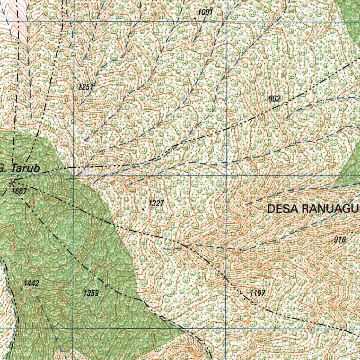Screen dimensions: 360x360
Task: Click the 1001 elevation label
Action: coord(205,12)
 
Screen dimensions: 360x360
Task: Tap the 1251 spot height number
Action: coord(85,86)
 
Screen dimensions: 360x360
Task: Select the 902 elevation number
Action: coord(275,99)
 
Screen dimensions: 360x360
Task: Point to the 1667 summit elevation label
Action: coord(19,191)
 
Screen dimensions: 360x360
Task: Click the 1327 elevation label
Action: coord(156,203)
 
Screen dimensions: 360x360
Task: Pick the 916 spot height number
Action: coord(340,240)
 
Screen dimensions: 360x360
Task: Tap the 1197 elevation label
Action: coord(258,293)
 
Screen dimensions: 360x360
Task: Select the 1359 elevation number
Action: coord(91,293)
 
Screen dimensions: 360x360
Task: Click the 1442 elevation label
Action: coord(31,283)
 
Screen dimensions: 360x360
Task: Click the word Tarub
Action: coord(25,169)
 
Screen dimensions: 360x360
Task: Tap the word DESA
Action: coord(283,209)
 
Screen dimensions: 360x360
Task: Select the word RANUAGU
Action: coord(330,209)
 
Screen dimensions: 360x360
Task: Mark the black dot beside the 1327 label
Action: coord(143,209)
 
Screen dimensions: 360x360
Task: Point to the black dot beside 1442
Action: coord(22,289)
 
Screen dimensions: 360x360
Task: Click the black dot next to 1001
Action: coord(195,17)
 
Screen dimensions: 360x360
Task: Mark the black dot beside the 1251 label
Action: coord(75,77)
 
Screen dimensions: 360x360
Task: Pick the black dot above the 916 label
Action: coord(352,232)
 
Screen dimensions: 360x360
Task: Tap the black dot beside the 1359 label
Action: coord(106,290)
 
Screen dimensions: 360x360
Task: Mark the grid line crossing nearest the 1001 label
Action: coord(227,21)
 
